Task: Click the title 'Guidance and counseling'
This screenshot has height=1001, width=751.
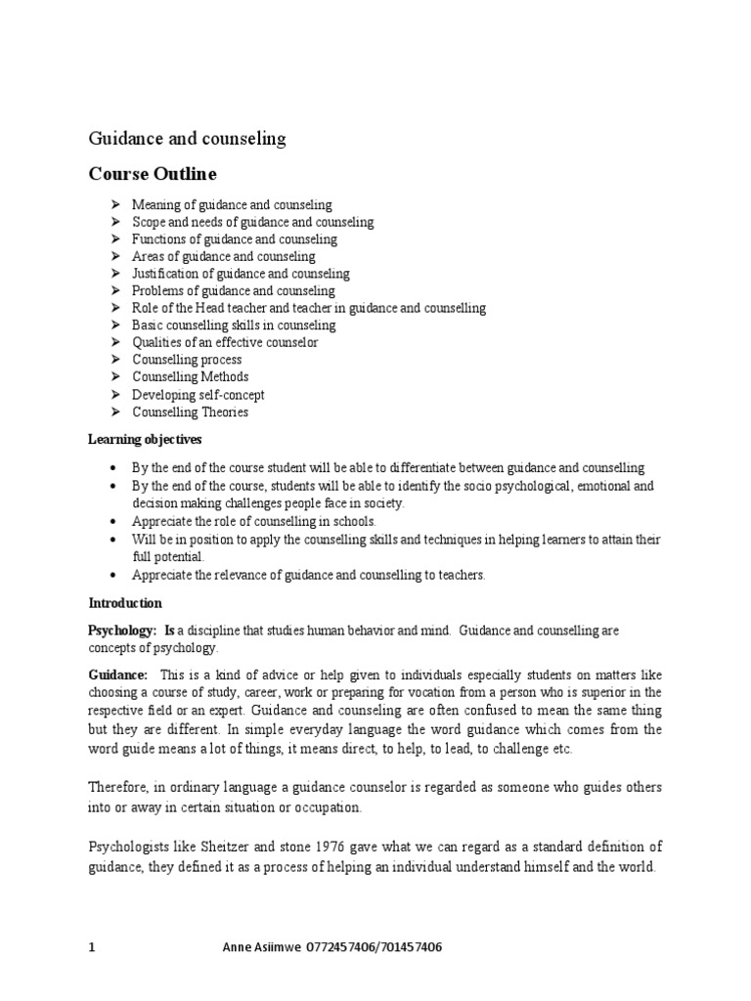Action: point(188,139)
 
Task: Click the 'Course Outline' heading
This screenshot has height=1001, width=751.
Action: point(153,174)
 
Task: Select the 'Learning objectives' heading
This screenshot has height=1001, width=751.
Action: point(146,440)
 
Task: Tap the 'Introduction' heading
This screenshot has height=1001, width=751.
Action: point(125,603)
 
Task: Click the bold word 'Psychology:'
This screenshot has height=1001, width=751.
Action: point(124,631)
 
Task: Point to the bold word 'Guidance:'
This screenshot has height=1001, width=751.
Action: point(118,675)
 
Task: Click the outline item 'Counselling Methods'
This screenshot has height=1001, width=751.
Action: point(191,377)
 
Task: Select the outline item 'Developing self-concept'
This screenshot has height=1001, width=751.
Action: point(199,395)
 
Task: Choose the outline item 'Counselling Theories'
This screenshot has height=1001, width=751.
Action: point(191,413)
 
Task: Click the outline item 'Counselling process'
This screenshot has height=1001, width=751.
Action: point(187,360)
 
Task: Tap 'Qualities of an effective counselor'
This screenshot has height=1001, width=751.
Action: point(225,342)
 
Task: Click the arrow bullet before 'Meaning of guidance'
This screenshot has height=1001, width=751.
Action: point(114,204)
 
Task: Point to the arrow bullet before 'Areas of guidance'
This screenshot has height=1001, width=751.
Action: point(114,256)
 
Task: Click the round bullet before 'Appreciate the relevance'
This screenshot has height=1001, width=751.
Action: point(115,575)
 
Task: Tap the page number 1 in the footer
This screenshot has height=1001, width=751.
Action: point(93,948)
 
